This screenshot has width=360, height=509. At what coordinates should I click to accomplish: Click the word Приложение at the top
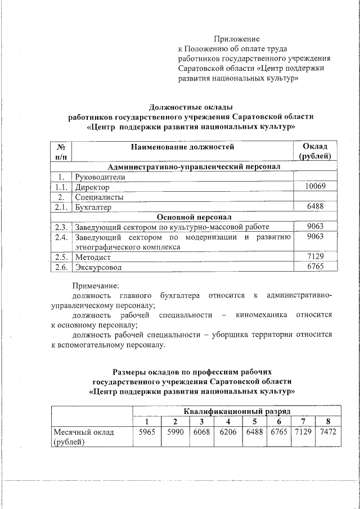236,39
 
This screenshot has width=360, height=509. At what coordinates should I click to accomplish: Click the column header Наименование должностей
182,147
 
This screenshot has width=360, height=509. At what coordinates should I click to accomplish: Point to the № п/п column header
61,152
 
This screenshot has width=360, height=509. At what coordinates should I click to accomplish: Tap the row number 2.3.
62,227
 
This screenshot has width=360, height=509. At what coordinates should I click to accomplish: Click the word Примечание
96,285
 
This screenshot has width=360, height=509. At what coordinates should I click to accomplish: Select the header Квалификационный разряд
237,412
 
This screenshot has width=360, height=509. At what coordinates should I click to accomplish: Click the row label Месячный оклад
83,433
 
